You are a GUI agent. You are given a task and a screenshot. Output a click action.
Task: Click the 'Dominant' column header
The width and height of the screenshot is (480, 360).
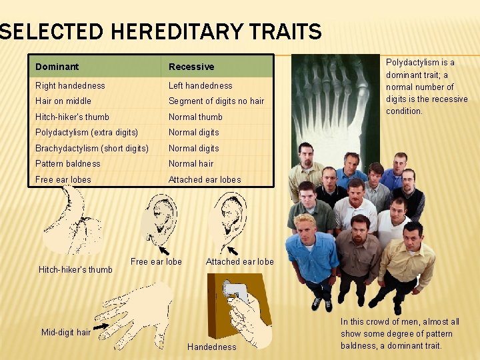(57, 67)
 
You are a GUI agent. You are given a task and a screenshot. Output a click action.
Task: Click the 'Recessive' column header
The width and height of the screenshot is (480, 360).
(191, 67)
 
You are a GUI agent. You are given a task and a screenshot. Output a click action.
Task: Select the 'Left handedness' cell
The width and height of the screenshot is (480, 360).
(201, 85)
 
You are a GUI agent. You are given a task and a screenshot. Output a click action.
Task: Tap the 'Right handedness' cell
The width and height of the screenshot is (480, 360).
(70, 85)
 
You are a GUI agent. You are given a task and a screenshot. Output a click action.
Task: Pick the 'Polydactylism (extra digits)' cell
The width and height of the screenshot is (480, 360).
(87, 132)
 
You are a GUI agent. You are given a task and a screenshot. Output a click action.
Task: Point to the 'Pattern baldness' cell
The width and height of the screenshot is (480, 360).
(68, 163)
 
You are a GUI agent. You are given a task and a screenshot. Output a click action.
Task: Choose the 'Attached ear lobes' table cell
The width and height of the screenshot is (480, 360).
(205, 179)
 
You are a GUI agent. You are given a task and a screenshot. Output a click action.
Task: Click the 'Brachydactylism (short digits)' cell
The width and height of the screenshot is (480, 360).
(92, 148)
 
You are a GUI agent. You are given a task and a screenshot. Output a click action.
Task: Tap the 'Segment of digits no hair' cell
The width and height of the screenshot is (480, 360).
(216, 101)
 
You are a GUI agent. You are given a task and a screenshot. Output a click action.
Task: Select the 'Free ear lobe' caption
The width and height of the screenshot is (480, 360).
(156, 261)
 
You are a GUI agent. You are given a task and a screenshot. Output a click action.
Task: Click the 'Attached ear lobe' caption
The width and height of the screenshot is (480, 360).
(239, 262)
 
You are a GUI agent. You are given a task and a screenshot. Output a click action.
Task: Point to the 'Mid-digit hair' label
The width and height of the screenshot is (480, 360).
(66, 332)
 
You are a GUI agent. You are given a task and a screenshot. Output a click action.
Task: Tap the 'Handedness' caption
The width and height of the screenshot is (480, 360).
(212, 347)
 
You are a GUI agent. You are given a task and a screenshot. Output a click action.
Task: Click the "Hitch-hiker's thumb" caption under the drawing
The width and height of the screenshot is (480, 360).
(75, 269)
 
